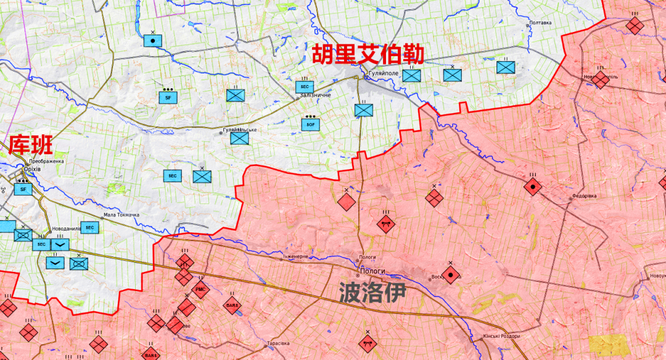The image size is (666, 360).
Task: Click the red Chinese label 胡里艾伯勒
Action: coord(368,55)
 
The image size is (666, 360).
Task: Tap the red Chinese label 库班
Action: coord(30,145)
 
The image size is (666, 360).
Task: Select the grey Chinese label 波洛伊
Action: coord(374,293)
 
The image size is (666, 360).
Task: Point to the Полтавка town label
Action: coord(540,23)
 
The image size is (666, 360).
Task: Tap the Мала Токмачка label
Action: coord(121,215)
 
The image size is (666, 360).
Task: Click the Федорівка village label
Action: coord(584,197)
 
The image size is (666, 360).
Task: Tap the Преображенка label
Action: coord(47,162)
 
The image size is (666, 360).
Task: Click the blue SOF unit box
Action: coord(310,124)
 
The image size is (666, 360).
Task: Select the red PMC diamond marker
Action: coord(201,289)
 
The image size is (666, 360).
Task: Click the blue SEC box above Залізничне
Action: coord(305,87)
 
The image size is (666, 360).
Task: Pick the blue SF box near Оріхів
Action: coord(23,189)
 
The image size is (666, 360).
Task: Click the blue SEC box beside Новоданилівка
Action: coord(90,228)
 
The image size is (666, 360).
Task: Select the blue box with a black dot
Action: coord(152,41)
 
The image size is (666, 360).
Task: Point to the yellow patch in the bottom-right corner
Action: coord(607,345)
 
